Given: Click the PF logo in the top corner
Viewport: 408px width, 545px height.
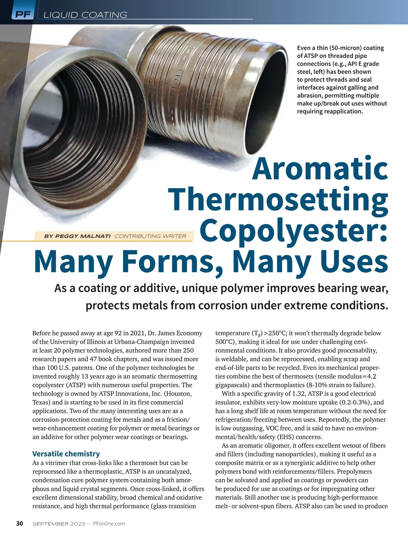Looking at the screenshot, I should pos(22,14).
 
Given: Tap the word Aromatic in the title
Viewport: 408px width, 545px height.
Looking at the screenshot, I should pos(320,169).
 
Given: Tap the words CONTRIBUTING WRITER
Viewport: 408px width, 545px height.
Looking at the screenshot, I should pos(150,236).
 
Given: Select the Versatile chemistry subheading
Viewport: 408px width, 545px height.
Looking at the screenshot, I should pos(66,454).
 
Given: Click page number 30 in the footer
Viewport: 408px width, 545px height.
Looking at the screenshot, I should pos(20,524).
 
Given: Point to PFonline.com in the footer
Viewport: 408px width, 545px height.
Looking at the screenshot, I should pos(109,524).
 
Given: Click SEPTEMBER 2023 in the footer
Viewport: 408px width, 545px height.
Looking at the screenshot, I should pos(58,524).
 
